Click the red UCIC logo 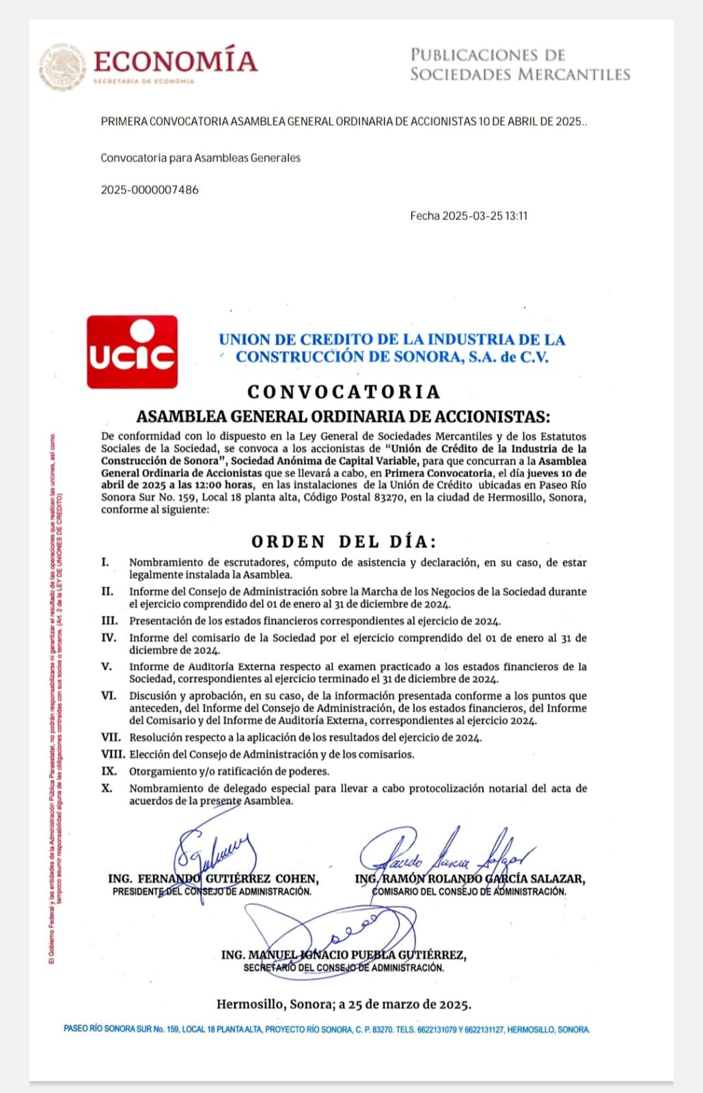pos(133,351)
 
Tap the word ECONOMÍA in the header pos(175,61)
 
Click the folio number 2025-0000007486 pos(150,190)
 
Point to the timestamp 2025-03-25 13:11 pos(484,216)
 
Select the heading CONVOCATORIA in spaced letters pos(344,392)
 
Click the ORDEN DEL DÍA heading pos(344,541)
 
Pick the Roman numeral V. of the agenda pos(107,666)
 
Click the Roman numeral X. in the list pos(107,788)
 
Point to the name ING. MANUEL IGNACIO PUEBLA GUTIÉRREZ pos(344,955)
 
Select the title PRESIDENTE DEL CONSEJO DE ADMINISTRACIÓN pos(212,891)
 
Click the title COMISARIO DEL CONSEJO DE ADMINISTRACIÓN pos(469,891)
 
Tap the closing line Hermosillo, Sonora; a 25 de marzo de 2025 pos(344,1004)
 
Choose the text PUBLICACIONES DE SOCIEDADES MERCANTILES pos(519,64)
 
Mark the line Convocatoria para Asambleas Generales pos(200,158)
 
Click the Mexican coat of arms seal pos(62,66)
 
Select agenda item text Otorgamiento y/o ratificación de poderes pos(229,771)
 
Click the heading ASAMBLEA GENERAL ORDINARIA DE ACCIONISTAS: pos(343,416)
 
